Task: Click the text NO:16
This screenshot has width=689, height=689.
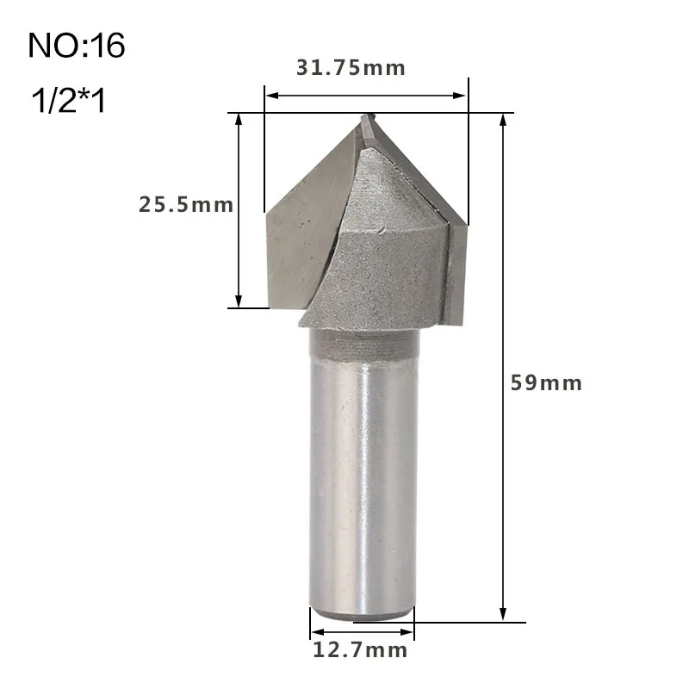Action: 77,46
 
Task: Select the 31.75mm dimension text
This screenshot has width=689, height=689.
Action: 351,68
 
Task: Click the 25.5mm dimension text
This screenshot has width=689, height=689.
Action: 186,205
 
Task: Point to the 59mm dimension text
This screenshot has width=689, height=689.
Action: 546,382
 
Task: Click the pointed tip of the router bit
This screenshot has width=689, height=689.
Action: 366,117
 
